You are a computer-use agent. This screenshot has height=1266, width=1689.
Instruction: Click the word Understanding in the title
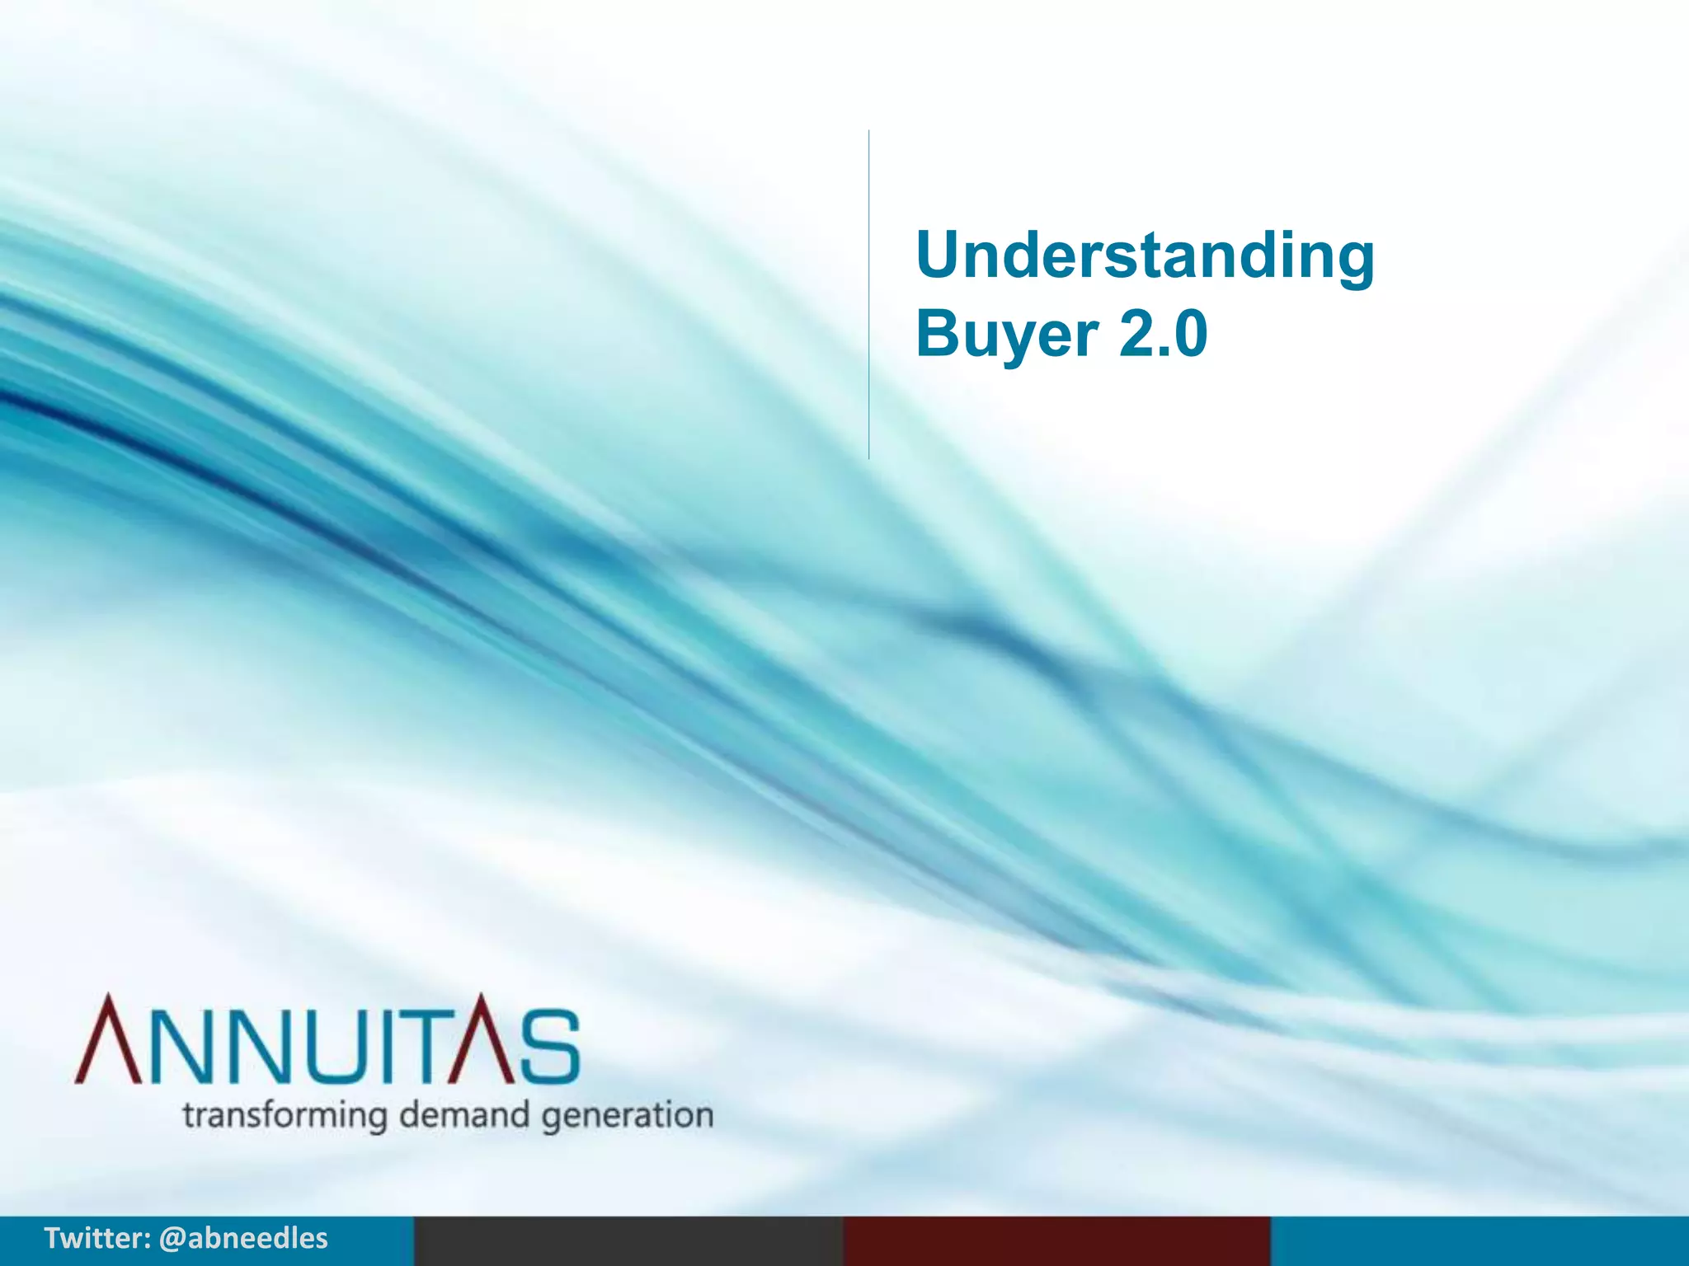tap(1145, 256)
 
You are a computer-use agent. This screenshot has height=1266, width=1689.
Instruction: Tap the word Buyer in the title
tap(1006, 335)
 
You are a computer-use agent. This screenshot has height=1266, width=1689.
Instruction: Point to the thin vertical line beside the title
tap(868, 294)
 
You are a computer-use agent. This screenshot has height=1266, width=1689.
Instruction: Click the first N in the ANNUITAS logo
tap(185, 1045)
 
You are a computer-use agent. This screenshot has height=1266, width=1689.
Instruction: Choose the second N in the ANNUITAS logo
tap(262, 1045)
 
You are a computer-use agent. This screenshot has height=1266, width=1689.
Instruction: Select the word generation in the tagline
tap(628, 1117)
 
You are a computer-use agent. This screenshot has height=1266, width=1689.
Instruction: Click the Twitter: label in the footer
tap(96, 1238)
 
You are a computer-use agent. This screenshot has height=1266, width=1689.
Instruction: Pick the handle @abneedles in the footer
tap(243, 1238)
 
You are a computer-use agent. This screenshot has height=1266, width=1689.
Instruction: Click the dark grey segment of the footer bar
tap(628, 1241)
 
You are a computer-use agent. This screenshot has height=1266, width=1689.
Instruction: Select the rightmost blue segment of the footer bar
tap(1480, 1241)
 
